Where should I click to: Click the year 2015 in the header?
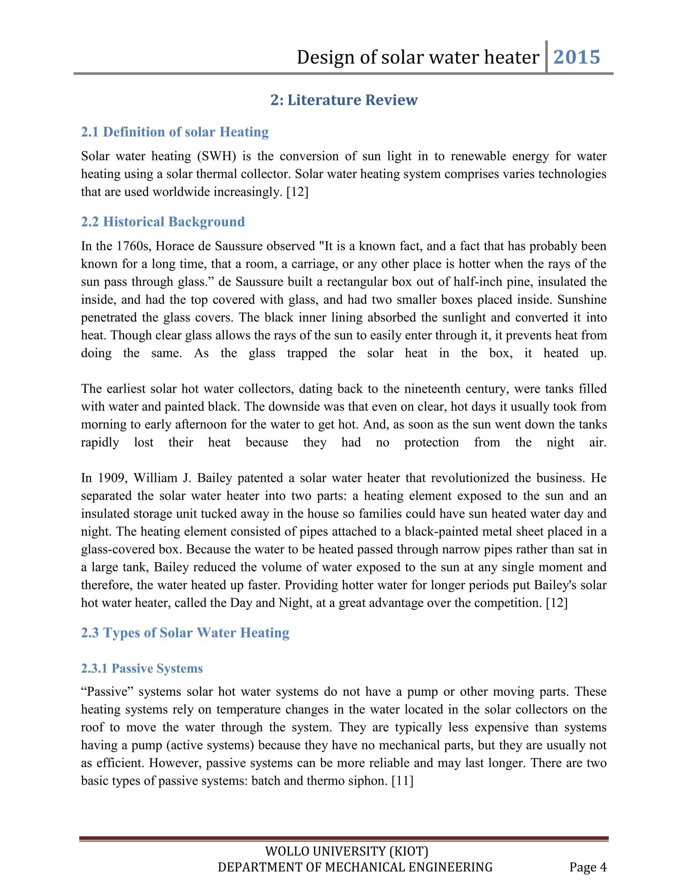[576, 57]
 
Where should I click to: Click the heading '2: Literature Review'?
[344, 100]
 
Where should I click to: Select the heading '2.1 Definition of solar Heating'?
[174, 132]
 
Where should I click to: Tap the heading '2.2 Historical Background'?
[163, 222]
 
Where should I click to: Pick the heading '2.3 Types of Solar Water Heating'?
[185, 632]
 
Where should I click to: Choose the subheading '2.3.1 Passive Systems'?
[141, 668]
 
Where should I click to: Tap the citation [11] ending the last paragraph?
[402, 781]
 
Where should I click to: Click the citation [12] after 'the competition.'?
[556, 603]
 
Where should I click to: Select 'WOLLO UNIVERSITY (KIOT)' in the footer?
[346, 851]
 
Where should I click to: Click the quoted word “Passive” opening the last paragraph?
[107, 692]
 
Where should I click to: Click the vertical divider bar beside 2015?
[546, 57]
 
